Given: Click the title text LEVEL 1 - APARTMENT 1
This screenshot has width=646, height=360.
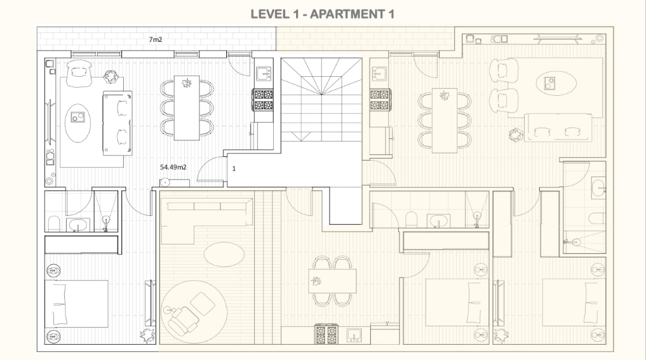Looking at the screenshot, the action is (322, 14).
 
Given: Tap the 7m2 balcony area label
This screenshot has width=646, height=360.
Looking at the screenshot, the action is (156, 39).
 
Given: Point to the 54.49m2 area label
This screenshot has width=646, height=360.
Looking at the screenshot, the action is (173, 167).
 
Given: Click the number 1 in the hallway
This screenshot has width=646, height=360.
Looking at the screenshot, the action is (234, 168).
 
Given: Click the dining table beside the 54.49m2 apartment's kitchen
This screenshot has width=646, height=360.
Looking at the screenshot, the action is (187, 108).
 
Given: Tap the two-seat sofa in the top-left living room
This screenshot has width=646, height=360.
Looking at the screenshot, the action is (118, 123).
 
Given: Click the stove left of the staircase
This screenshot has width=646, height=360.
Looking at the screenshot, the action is (264, 100).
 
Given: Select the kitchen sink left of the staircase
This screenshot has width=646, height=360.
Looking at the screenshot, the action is (264, 74).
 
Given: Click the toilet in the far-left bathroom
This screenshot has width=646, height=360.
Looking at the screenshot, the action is (54, 223).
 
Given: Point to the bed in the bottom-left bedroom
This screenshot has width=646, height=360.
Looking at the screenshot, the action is (76, 304).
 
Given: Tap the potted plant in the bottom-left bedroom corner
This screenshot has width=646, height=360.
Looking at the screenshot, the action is (147, 336).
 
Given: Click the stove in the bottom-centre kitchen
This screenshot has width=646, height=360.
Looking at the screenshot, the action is (326, 334).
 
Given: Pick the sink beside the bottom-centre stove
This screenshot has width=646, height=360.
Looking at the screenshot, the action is (354, 335).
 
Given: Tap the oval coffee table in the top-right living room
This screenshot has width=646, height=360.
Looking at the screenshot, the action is (556, 83).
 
